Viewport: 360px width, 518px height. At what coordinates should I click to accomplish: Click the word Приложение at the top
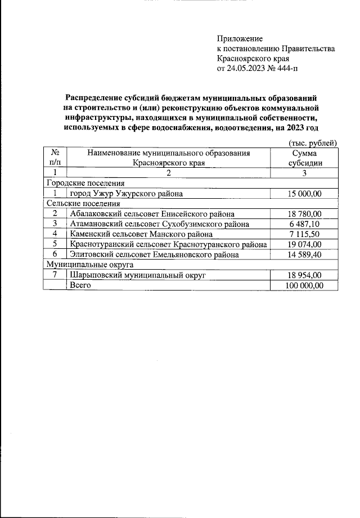[240, 38]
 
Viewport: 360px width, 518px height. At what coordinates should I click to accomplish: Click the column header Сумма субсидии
[304, 158]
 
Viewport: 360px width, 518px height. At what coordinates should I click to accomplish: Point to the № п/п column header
[55, 158]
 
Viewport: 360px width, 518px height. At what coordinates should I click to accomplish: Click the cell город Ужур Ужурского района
[126, 193]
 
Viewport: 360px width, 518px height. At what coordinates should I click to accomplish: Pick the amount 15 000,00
[304, 193]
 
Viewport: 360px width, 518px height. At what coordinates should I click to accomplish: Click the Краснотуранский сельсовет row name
[168, 244]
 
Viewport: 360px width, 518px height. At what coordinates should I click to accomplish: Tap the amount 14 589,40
[304, 254]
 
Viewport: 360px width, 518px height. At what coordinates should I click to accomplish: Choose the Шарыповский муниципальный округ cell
[138, 275]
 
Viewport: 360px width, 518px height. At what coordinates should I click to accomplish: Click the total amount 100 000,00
[304, 285]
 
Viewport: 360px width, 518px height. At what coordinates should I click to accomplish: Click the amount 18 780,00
[304, 213]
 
